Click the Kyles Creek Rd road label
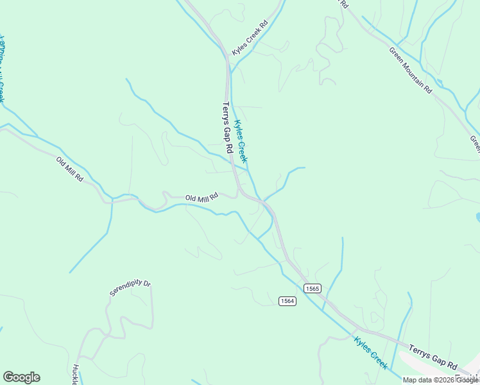point(249,39)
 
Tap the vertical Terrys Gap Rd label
point(227,128)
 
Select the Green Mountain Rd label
point(411,70)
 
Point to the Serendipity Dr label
point(129,288)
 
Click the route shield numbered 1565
point(313,289)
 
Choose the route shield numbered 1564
point(287,301)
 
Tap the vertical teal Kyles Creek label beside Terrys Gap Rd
point(241,141)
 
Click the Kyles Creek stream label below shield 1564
point(371,353)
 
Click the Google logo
point(21,377)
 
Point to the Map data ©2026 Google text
point(440,380)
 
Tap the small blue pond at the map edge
point(477,217)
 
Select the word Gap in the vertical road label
point(227,132)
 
